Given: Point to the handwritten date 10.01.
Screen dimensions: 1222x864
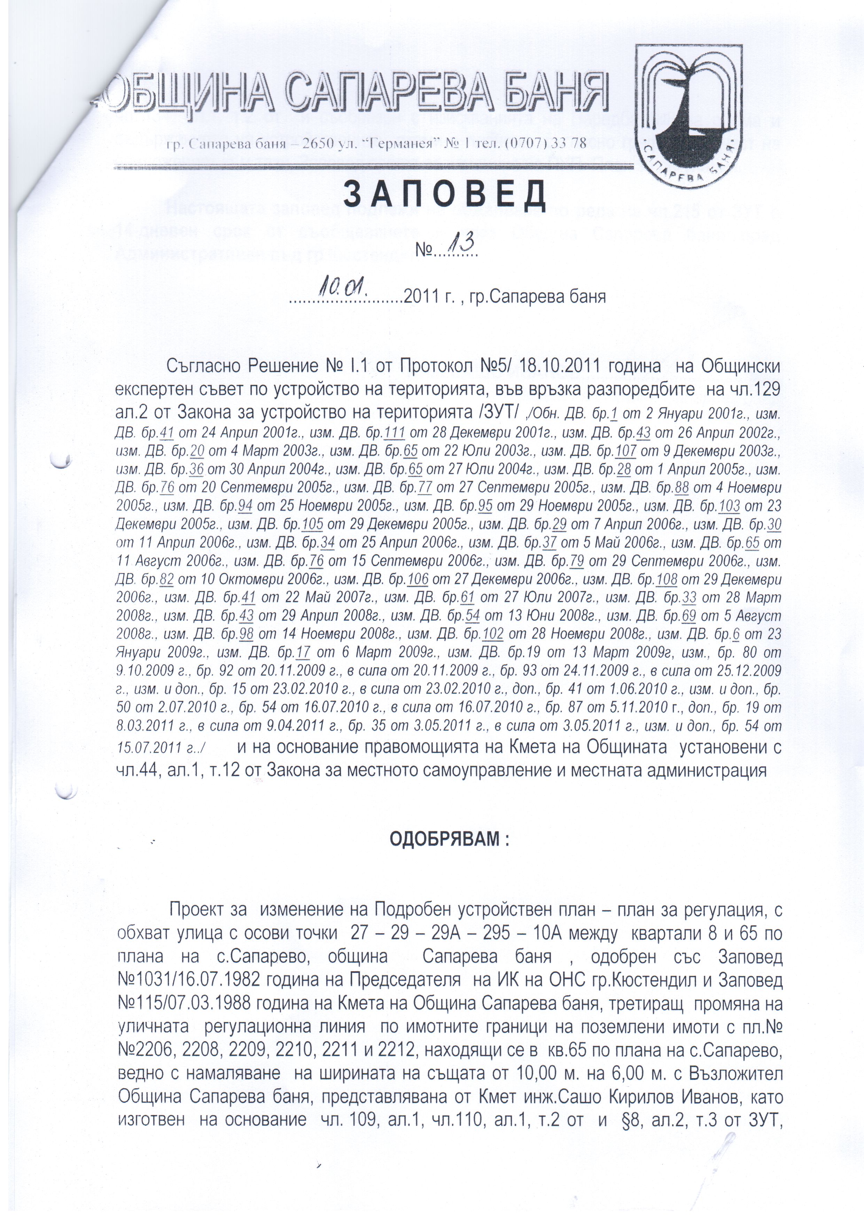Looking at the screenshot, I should click(x=341, y=289).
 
